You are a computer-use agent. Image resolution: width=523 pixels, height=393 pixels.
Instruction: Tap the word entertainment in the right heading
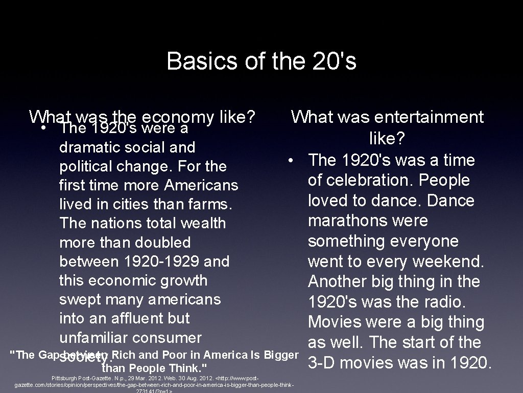coord(429,117)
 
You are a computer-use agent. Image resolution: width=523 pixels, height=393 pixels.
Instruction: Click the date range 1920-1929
coord(162,261)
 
